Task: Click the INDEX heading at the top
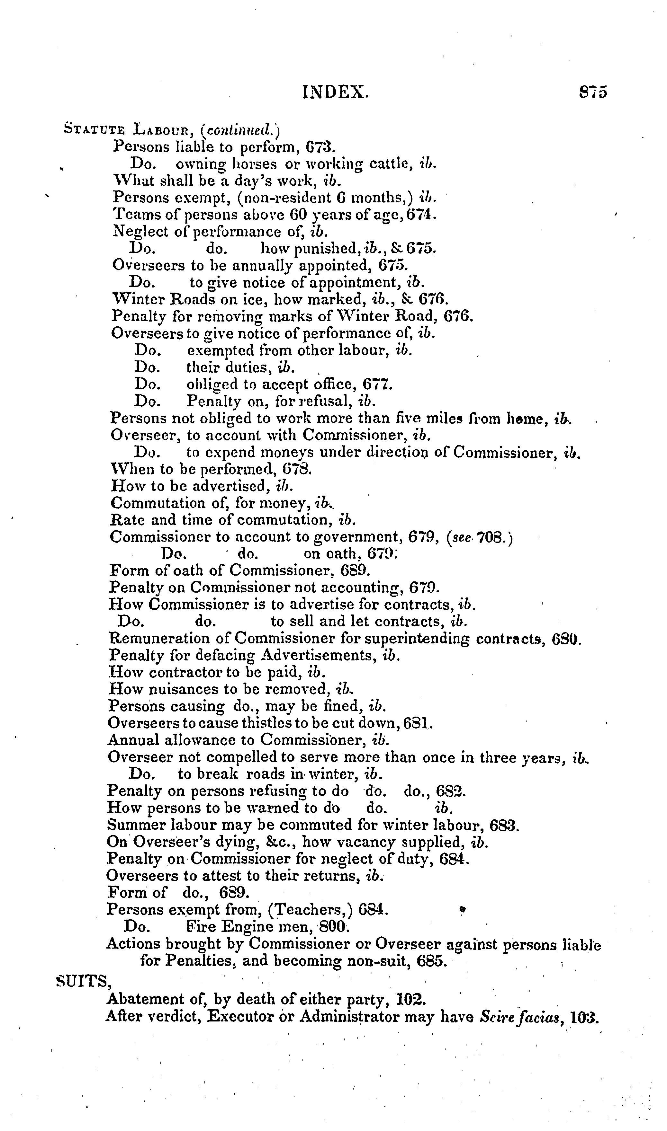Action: click(336, 92)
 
